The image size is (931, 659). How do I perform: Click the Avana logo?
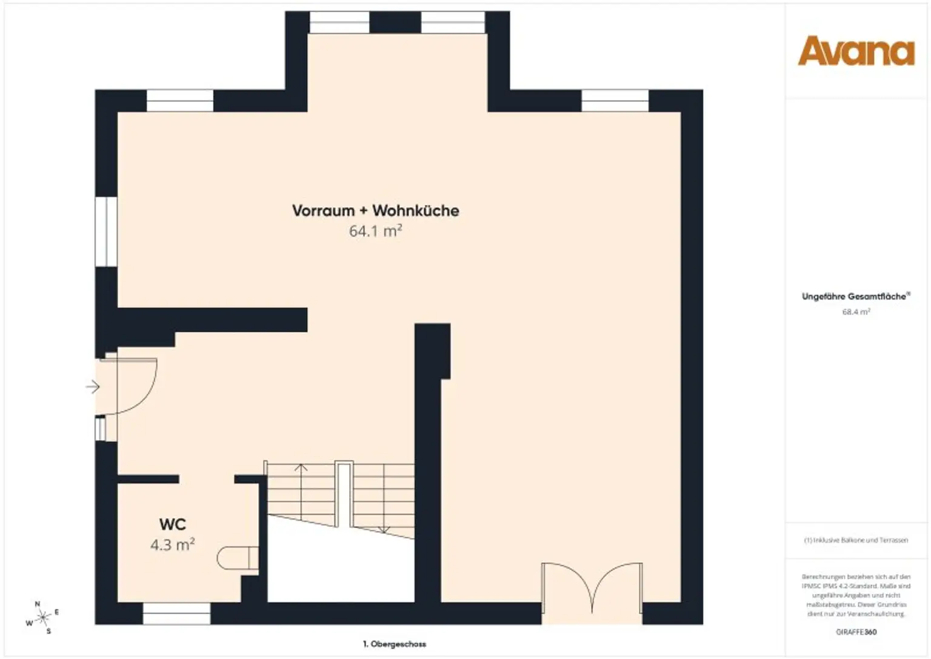pos(855,51)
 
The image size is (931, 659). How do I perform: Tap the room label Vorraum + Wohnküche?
pos(375,210)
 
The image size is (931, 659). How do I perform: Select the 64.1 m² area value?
pos(375,231)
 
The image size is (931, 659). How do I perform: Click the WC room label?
pos(172,524)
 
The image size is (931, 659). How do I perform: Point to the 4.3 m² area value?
pos(172,544)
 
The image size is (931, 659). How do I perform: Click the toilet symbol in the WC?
pos(237,558)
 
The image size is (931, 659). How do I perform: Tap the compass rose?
pos(42,618)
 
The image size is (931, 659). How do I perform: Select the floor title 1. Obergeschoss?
pos(394,644)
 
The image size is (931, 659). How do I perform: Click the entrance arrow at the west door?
pos(92,386)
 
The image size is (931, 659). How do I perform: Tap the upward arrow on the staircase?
pos(300,468)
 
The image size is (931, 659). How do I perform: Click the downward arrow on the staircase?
pos(383,529)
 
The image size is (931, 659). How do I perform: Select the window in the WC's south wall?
pos(176,614)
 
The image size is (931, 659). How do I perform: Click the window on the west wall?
pos(106,232)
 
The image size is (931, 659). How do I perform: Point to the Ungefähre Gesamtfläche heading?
pos(855,296)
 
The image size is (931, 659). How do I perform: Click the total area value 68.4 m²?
pos(855,312)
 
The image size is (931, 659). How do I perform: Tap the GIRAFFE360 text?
pos(855,632)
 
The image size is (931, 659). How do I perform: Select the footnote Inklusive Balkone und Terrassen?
pos(855,540)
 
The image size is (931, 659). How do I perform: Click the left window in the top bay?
pos(339,23)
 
